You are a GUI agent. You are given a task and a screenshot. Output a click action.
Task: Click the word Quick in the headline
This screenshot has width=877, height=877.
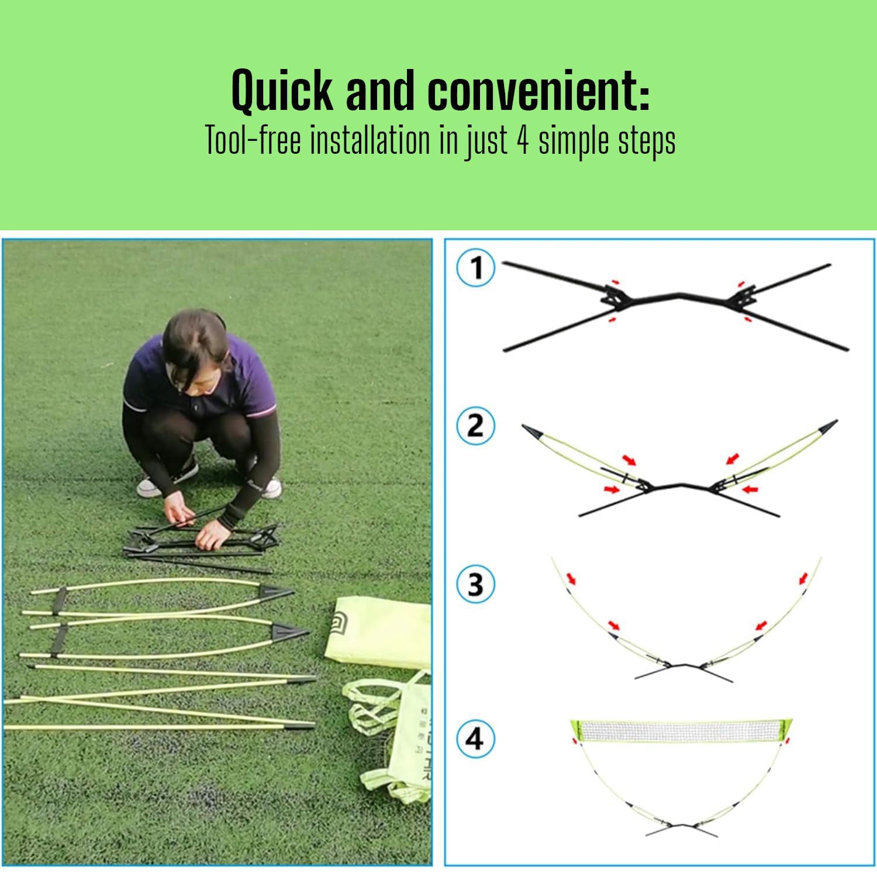281,91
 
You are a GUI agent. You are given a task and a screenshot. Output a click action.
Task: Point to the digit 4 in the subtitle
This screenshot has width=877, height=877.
523,141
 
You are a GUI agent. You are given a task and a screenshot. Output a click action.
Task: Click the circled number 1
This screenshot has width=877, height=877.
476,268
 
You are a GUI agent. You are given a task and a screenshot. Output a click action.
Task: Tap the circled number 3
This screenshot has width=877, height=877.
476,583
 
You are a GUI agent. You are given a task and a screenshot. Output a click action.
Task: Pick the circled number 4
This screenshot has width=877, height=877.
476,739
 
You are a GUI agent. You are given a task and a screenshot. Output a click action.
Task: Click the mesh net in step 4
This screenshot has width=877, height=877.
681,731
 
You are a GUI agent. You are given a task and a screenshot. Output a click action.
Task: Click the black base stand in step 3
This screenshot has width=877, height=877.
683,672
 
